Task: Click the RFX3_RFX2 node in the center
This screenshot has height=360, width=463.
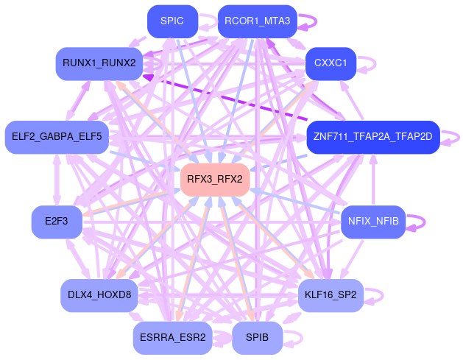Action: [x=215, y=179]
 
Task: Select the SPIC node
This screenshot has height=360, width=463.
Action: [x=172, y=21]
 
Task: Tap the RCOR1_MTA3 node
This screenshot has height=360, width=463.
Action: [x=258, y=21]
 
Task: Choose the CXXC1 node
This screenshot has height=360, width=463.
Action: [x=331, y=63]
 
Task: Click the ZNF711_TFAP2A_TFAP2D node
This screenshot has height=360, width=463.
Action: [x=373, y=137]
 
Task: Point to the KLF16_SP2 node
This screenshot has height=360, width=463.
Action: [x=331, y=294]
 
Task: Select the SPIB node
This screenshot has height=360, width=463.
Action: [x=258, y=337]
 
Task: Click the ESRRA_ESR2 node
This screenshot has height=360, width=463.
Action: [x=172, y=337]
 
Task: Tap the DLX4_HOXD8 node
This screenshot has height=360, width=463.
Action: [x=99, y=294]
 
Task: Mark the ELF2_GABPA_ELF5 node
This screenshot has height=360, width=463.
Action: [x=57, y=137]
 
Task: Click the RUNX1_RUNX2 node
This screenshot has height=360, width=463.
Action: [x=99, y=63]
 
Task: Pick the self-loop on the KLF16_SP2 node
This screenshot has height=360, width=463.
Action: [x=381, y=294]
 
